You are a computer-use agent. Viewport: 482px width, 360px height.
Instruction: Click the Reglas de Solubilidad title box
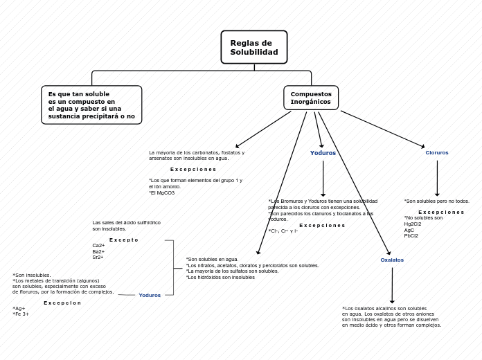point(254,47)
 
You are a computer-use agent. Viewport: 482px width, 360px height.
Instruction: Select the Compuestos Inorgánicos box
point(311,98)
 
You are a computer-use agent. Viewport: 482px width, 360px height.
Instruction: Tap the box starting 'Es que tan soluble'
point(91,105)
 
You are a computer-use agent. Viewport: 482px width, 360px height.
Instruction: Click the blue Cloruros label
point(437,153)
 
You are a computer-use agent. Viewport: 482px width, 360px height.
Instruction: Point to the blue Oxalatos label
point(392,260)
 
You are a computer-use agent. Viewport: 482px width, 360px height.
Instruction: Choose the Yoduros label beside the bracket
point(150,296)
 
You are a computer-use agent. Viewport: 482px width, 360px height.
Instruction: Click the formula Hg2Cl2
point(413,224)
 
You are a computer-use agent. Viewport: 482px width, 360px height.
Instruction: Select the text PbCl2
point(411,236)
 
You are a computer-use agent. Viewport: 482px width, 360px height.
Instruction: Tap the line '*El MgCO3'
point(162,193)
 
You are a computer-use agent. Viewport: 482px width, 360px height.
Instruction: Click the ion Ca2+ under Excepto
point(98,246)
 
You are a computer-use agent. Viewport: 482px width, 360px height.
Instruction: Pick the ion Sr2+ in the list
point(98,258)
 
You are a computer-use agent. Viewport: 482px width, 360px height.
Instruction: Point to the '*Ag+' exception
point(19,309)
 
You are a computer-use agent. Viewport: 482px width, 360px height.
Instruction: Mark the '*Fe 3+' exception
point(21,314)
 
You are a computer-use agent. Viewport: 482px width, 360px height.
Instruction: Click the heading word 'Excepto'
point(124,240)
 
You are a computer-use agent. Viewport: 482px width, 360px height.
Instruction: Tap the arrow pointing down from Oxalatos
point(392,285)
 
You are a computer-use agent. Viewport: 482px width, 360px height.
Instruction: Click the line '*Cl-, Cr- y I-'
point(283,231)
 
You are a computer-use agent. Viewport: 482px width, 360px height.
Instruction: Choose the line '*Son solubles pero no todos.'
point(437,201)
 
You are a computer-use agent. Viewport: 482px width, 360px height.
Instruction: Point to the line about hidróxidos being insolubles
point(220,278)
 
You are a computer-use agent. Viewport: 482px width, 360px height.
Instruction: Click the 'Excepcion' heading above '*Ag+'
point(62,303)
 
